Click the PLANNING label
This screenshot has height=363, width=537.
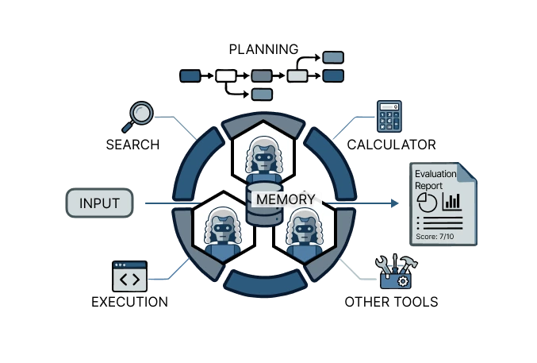point(263,49)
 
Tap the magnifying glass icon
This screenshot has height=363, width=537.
point(138,117)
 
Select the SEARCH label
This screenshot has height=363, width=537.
point(133,145)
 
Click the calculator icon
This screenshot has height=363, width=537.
point(389,116)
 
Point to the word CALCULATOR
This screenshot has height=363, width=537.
point(392,145)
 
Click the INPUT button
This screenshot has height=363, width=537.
point(99,203)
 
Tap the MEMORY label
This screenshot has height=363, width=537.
point(286,199)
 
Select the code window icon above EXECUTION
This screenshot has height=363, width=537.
point(130,276)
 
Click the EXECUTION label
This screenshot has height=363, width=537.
point(130,302)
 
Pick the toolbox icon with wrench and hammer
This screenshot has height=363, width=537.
point(397,272)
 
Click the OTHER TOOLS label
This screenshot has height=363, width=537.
point(392,302)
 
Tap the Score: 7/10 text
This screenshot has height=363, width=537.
point(435,237)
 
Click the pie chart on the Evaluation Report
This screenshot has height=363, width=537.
point(427,202)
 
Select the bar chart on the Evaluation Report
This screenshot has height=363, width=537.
point(451,202)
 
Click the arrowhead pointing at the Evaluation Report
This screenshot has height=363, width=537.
point(395,203)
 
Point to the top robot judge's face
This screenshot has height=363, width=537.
point(263,158)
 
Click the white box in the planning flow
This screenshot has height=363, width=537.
point(226,75)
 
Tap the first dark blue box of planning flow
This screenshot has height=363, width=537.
point(190,75)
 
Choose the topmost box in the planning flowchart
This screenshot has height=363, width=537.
point(333,57)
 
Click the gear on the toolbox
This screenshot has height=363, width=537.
point(403,281)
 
